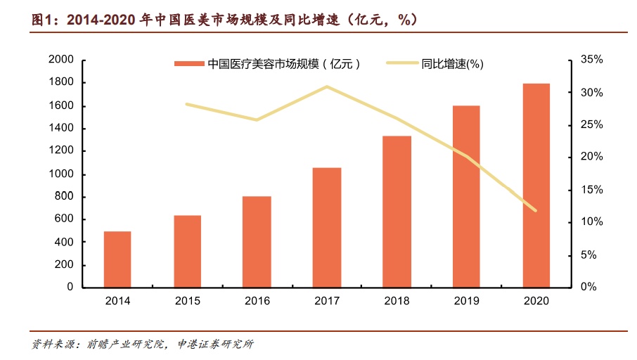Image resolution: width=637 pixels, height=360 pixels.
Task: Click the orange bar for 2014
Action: [x=117, y=259]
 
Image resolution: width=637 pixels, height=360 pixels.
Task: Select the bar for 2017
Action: [x=327, y=227]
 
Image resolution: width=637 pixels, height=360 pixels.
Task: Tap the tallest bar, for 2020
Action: [x=536, y=185]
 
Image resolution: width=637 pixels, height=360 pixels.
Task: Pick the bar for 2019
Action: [x=467, y=196]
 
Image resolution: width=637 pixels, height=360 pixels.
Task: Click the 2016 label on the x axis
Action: [x=257, y=300]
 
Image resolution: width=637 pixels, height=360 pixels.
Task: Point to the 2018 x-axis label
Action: [x=397, y=300]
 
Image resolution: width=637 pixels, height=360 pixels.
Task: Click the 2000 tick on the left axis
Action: [x=61, y=60]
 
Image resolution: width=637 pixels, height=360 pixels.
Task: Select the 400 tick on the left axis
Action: [x=64, y=242]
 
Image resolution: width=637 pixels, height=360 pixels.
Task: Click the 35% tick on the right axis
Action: [x=588, y=60]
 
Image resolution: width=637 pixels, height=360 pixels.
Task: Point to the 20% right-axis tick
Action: [x=588, y=157]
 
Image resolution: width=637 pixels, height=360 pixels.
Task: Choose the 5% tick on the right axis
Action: [x=591, y=255]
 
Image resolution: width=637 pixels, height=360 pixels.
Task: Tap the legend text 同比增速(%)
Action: [x=452, y=64]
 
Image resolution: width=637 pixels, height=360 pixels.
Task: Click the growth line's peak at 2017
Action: [x=327, y=86]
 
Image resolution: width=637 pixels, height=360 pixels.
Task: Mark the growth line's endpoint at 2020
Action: [x=536, y=210]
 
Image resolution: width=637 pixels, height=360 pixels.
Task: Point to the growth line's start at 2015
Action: [x=187, y=104]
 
